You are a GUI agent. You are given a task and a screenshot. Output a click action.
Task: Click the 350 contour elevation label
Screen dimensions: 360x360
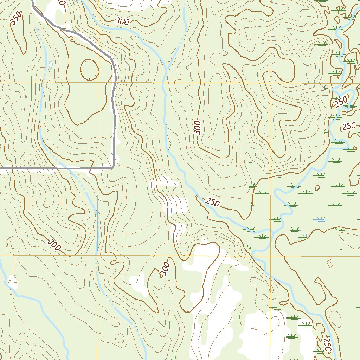pyautogui.click(x=16, y=19)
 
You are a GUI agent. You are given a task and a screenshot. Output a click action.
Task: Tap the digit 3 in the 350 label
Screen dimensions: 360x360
pyautogui.click(x=13, y=22)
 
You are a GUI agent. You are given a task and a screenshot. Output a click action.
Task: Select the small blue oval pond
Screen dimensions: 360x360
pyautogui.click(x=51, y=64)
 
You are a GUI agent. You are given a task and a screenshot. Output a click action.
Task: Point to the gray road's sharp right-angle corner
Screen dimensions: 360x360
pyautogui.click(x=113, y=167)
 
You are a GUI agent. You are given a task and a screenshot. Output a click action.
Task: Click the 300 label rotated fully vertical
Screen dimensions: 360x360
pyautogui.click(x=198, y=127)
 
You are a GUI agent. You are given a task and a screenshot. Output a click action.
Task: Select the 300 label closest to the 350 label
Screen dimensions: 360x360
pyautogui.click(x=122, y=21)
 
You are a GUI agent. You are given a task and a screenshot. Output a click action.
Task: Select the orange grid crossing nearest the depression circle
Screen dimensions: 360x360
pyautogui.click(x=97, y=83)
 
